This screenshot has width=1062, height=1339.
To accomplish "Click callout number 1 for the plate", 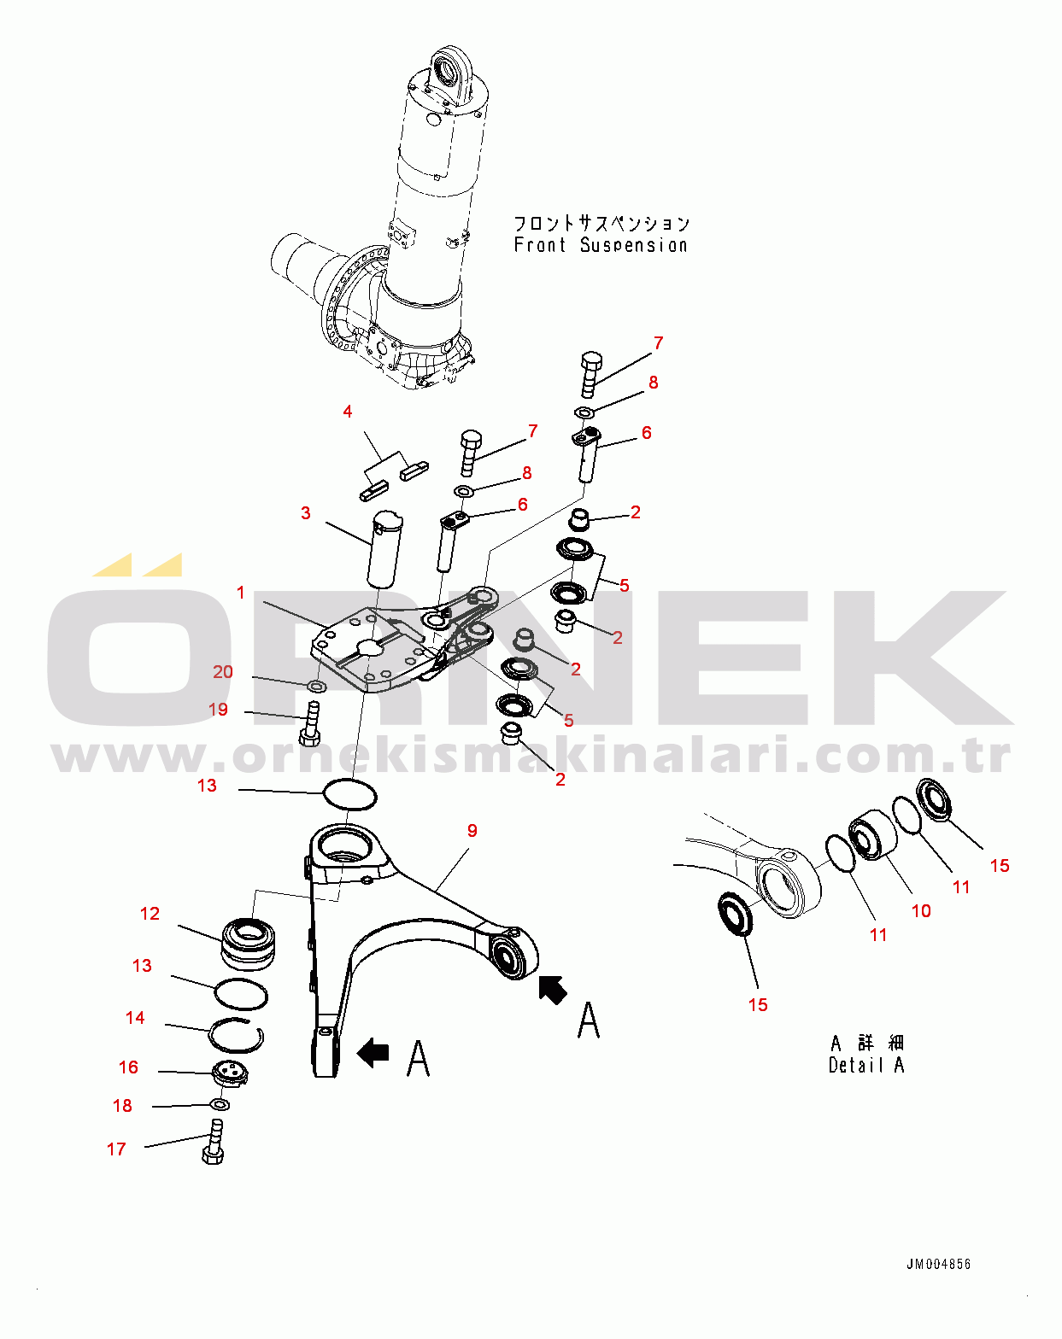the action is click(x=241, y=593).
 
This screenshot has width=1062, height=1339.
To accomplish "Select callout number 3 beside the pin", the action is click(x=306, y=512).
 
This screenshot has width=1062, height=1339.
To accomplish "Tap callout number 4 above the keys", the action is click(x=348, y=412).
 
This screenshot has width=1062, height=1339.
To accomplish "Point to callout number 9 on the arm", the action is click(x=472, y=831).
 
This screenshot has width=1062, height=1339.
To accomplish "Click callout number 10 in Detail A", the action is click(x=921, y=911).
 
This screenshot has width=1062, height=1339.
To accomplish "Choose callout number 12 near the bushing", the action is click(x=150, y=914).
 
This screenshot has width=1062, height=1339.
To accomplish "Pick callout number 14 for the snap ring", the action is click(x=135, y=1017).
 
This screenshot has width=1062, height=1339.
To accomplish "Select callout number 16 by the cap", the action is click(x=128, y=1067).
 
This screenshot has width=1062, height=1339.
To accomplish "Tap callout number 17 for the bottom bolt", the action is click(x=116, y=1149).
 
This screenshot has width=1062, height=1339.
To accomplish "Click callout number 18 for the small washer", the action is click(x=123, y=1106).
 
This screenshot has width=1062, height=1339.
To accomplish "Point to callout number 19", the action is click(x=218, y=710).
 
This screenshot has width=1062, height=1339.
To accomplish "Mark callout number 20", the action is click(x=223, y=672).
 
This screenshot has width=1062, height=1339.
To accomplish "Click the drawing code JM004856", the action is click(x=938, y=1264).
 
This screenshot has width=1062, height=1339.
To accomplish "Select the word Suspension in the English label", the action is click(x=634, y=245).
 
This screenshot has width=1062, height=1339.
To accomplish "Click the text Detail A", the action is click(x=865, y=1065).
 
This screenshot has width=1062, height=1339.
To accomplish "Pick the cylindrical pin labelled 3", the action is click(x=384, y=549).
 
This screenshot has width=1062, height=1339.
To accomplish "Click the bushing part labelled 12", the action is click(x=249, y=944).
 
